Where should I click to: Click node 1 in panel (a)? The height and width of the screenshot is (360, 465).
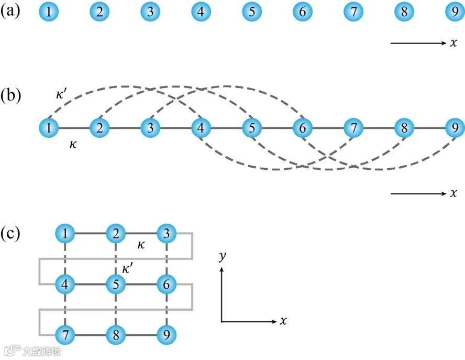[x=49, y=12]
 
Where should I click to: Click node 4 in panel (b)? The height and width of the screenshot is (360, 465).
[x=201, y=127]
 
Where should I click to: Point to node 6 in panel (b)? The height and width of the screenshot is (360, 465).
[x=302, y=127]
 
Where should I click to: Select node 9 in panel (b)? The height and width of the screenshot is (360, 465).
[x=454, y=127]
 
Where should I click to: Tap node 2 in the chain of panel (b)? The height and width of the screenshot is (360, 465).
[x=99, y=127]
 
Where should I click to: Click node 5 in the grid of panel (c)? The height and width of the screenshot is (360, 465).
[x=116, y=285]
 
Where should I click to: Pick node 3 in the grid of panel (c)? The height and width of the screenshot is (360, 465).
[x=167, y=233]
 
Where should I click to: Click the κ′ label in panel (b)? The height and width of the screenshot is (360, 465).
[x=62, y=95]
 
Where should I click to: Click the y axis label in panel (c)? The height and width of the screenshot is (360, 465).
[x=223, y=256]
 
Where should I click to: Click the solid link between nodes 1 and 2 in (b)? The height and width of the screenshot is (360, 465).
[x=74, y=127]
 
